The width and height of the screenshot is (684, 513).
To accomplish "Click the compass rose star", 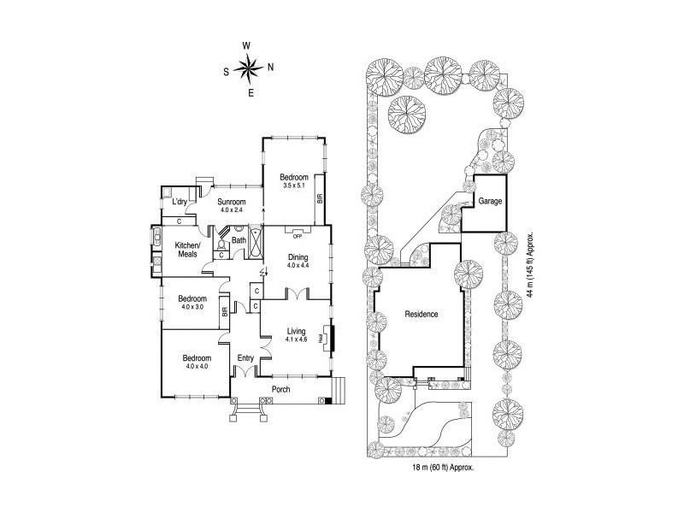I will pyautogui.click(x=249, y=68).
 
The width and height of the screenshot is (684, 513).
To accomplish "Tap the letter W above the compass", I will pyautogui.click(x=247, y=46).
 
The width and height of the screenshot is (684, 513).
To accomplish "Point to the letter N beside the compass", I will pyautogui.click(x=270, y=68).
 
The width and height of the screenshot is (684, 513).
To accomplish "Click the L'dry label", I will pyautogui.click(x=179, y=202).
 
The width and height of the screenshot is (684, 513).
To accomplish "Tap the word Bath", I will pyautogui.click(x=239, y=240).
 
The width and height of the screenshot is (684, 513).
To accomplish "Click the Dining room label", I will pyautogui.click(x=297, y=256).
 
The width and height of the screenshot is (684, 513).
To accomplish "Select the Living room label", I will pyautogui.click(x=297, y=330).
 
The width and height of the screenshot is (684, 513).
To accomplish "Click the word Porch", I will pyautogui.click(x=280, y=390).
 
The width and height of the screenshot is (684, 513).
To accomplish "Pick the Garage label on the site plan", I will pyautogui.click(x=490, y=202).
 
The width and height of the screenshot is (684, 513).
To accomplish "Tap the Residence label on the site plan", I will pyautogui.click(x=422, y=314).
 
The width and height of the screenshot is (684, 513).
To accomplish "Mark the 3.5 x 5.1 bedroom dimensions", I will pyautogui.click(x=294, y=185).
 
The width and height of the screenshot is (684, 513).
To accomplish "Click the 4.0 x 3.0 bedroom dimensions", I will pyautogui.click(x=192, y=307).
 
